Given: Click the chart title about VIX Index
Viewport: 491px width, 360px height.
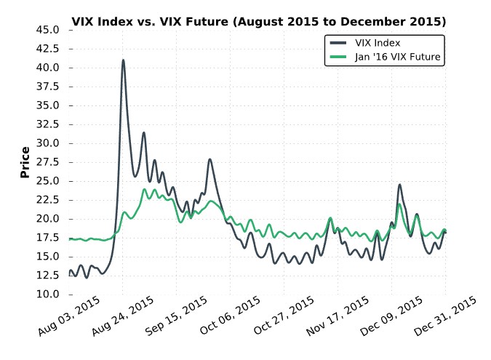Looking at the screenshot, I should (x=259, y=22).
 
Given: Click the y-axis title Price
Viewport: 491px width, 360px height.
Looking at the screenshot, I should (x=25, y=162).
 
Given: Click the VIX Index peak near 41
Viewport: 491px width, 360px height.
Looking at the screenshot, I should (x=123, y=60).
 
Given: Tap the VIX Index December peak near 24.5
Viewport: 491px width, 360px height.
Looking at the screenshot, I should (x=400, y=185).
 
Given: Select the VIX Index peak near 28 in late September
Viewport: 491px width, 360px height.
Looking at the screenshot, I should (x=210, y=159).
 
